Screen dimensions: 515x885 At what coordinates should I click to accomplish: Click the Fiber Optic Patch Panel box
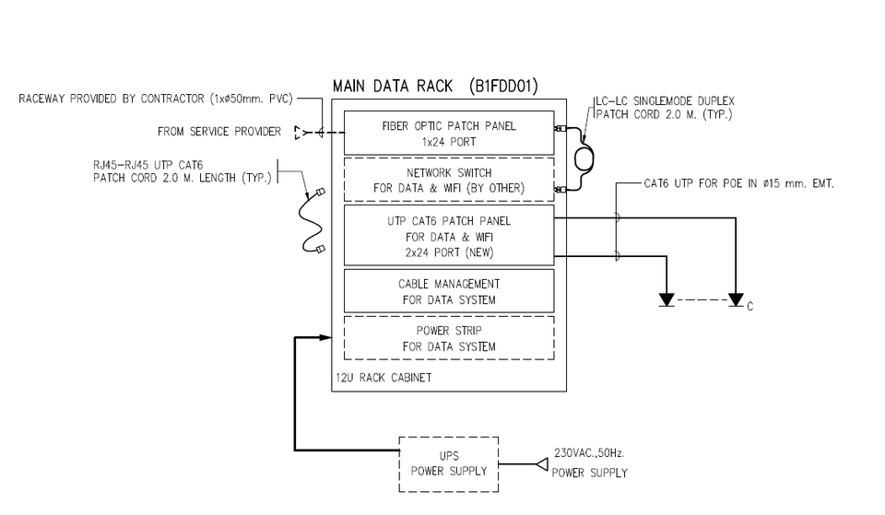pyautogui.click(x=448, y=133)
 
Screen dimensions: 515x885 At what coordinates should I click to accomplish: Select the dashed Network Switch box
pyautogui.click(x=448, y=181)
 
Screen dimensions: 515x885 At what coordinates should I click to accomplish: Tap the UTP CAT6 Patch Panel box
pyautogui.click(x=448, y=236)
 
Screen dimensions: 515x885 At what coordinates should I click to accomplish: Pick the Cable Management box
pyautogui.click(x=448, y=291)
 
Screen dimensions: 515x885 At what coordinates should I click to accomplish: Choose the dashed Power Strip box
pyautogui.click(x=448, y=338)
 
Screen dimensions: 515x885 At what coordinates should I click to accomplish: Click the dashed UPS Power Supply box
pyautogui.click(x=448, y=463)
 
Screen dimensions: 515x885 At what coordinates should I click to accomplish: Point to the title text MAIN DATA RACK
pyautogui.click(x=393, y=87)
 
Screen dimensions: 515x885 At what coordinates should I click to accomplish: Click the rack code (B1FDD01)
pyautogui.click(x=503, y=87)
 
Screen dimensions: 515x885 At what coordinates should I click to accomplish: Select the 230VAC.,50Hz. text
pyautogui.click(x=589, y=453)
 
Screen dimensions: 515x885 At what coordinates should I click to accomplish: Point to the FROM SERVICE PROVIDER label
pyautogui.click(x=219, y=132)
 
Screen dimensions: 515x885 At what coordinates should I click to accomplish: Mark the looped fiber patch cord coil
pyautogui.click(x=584, y=159)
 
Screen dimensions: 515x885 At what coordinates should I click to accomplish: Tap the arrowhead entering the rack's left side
pyautogui.click(x=325, y=338)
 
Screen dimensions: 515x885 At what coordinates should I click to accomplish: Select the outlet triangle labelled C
pyautogui.click(x=735, y=300)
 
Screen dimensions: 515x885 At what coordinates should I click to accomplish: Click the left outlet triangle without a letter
pyautogui.click(x=666, y=300)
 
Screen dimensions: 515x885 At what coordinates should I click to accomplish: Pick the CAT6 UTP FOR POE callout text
pyautogui.click(x=738, y=184)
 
